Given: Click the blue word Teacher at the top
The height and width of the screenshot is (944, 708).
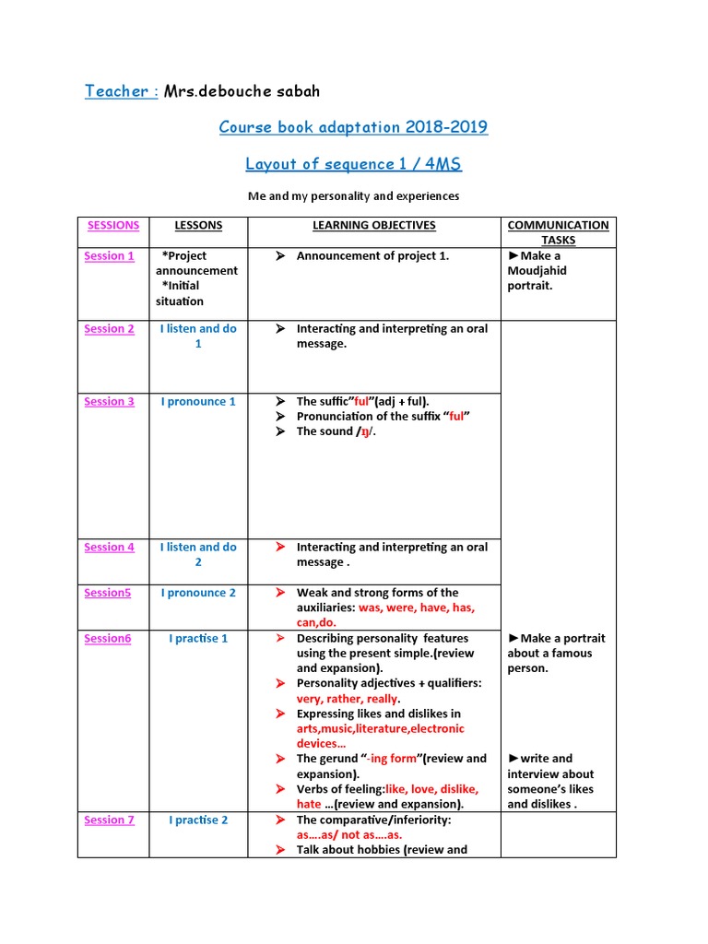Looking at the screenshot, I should [118, 90].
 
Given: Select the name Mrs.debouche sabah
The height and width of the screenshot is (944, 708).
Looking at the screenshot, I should [242, 90].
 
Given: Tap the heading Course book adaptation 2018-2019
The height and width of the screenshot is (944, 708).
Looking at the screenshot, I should [353, 127].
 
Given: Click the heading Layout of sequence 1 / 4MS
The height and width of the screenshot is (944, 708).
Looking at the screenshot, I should [353, 164].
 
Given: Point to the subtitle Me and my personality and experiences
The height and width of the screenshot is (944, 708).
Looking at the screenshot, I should [353, 196].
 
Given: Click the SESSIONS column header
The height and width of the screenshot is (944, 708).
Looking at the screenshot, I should [113, 225].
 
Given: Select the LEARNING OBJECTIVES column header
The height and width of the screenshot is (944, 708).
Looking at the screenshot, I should [373, 225].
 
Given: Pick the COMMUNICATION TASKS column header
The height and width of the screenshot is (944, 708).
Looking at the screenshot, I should [558, 232].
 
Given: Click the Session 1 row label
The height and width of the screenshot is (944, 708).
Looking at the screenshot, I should [109, 256].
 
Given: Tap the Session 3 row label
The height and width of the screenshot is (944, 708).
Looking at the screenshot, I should [109, 402].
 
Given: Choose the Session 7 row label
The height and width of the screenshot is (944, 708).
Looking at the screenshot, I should [109, 820].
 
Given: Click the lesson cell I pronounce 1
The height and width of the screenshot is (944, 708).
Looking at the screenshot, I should [198, 402].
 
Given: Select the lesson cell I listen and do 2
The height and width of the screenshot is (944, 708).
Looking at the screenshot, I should [198, 554].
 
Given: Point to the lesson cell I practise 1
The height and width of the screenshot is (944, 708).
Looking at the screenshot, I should [198, 639].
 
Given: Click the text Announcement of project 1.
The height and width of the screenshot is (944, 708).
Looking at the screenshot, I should [372, 256].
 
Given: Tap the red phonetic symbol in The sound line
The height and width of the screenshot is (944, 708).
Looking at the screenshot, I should [364, 432].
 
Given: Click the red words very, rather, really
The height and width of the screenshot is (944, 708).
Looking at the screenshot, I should [348, 699].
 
